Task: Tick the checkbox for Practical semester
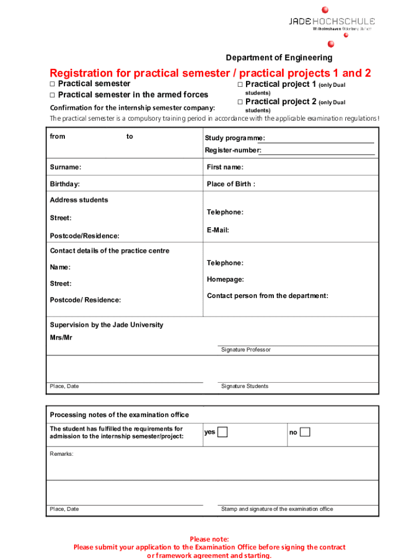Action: (53, 84)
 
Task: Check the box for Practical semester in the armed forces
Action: (53, 95)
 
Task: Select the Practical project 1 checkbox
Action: (240, 85)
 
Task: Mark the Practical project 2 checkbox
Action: (240, 102)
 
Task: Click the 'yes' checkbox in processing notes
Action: (223, 432)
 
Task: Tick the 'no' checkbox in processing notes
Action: (305, 432)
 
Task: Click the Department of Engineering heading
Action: (279, 58)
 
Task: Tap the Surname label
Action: (65, 167)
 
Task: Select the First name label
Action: (225, 167)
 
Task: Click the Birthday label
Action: (65, 184)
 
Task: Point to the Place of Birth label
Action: (231, 184)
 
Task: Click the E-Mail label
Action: (218, 230)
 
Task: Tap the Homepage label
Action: (225, 279)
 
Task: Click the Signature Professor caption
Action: (245, 350)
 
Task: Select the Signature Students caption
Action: (244, 386)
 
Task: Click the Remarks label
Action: (62, 454)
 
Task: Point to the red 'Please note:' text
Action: (209, 539)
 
